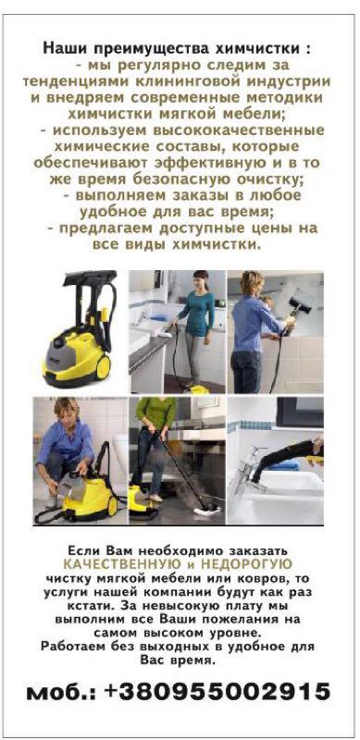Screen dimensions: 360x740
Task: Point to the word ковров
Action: point(274,578)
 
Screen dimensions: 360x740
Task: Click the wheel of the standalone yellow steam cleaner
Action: point(104,366)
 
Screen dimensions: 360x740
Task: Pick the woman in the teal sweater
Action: point(196,327)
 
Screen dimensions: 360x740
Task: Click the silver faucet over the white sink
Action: point(253,465)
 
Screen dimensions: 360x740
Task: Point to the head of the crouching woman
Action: point(67,409)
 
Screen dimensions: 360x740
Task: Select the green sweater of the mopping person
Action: point(155,411)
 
